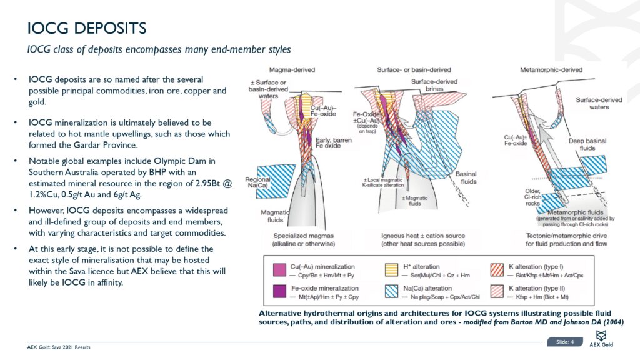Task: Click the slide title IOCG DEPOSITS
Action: tap(87, 28)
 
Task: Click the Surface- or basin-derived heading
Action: tap(414, 69)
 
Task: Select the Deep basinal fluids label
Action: tap(584, 145)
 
